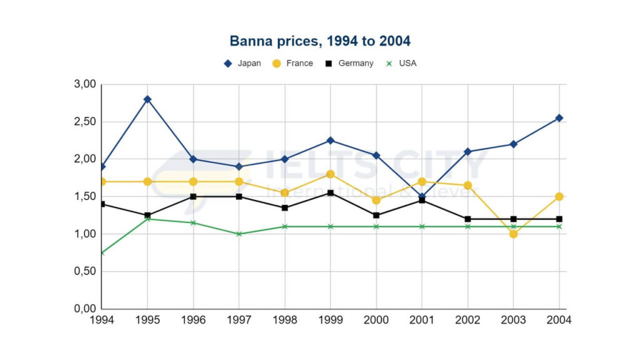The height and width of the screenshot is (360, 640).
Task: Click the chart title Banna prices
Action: coord(320,41)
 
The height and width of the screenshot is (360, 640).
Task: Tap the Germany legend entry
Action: coord(349,63)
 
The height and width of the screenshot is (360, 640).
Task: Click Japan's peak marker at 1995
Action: coord(147,99)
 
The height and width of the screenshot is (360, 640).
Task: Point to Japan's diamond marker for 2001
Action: coord(422,196)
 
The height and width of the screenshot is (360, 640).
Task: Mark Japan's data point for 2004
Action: coord(559,118)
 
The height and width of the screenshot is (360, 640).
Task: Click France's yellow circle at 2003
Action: coord(514,234)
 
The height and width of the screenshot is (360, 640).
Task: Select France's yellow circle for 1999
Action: coord(331,174)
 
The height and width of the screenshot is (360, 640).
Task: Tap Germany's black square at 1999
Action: coord(331,193)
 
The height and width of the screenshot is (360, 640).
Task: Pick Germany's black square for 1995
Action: coord(147,216)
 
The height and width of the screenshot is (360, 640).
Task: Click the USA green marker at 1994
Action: coord(102,252)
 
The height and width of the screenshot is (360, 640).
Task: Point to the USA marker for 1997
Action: coord(239,234)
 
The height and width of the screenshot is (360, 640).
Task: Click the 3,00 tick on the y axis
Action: coord(85,84)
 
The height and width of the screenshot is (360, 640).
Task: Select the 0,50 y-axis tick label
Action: coord(85,271)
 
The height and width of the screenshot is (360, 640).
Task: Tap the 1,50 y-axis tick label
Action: coord(85,196)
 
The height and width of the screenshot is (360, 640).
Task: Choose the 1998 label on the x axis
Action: coord(285,319)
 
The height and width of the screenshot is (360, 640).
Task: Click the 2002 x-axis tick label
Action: coord(468,319)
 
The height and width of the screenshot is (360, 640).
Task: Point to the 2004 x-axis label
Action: coord(559,319)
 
